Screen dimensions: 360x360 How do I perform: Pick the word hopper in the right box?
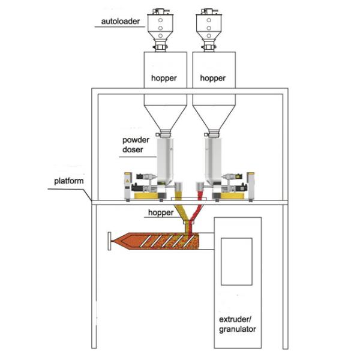(x=213, y=78)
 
